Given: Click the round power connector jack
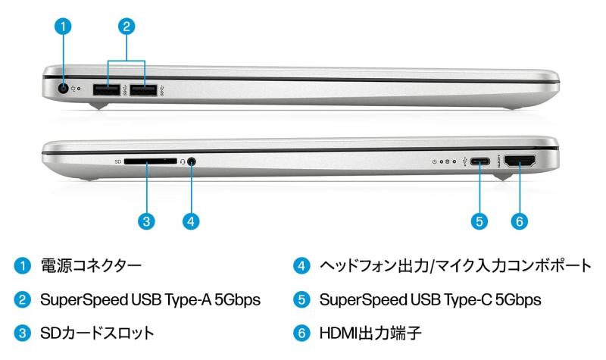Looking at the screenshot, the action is click(63, 89).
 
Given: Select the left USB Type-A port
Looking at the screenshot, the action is click(107, 89).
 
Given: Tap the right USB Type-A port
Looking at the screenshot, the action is click(143, 89).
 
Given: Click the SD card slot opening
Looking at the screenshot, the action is click(150, 161).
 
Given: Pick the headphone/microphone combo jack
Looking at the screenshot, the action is click(192, 161).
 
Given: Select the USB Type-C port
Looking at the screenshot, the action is click(480, 161).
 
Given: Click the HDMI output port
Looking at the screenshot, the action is click(520, 161).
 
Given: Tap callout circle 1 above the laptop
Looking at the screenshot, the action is click(63, 27).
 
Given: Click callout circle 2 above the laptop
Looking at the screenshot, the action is click(127, 27).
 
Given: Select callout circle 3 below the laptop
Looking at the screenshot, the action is click(146, 221).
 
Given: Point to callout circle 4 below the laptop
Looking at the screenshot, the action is click(191, 221).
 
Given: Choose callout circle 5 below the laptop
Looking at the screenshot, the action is click(479, 221).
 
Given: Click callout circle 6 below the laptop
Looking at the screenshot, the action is click(520, 221).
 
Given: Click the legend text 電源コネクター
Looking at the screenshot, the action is click(91, 266).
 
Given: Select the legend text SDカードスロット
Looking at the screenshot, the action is click(97, 333).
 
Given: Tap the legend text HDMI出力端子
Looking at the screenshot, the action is click(370, 333).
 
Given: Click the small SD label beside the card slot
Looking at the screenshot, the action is click(118, 161).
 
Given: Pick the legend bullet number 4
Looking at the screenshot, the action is click(301, 266).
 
